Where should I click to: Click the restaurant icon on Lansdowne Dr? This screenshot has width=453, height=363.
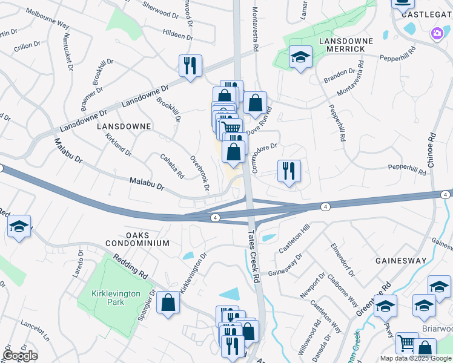(190, 66)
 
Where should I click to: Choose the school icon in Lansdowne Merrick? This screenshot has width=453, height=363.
(300, 57)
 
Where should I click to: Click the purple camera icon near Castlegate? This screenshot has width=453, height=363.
(436, 34)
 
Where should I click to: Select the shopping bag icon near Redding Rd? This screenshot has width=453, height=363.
(168, 302)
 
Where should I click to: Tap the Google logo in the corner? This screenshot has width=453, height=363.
(19, 355)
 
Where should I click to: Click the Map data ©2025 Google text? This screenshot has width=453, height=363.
(415, 358)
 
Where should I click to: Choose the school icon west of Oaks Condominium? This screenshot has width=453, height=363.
(19, 227)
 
